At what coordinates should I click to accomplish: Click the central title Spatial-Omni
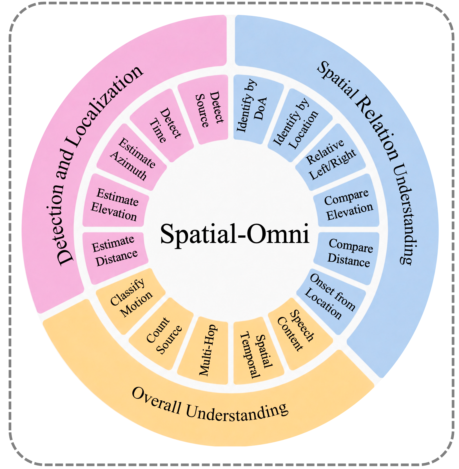point(235,234)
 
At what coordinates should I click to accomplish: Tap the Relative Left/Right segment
point(331,158)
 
